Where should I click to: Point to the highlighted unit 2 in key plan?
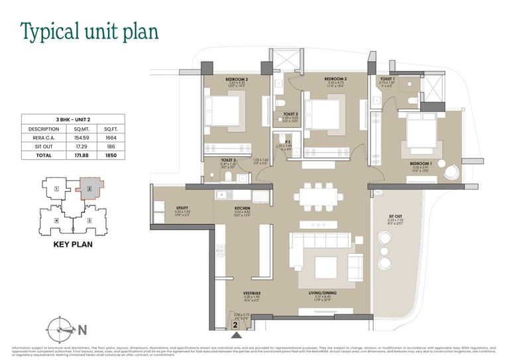(x=88, y=189)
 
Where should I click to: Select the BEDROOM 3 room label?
(x=218, y=79)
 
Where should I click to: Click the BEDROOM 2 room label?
(x=336, y=79)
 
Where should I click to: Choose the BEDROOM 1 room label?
(x=420, y=162)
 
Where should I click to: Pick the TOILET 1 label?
(x=387, y=79)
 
